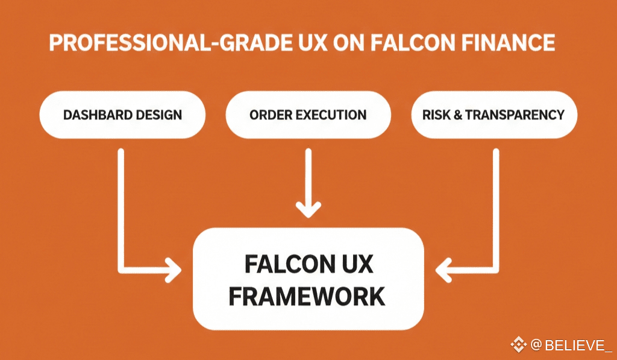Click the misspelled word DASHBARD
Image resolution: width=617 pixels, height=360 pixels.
[x=95, y=115]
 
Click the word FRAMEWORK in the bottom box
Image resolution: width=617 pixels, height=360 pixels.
[x=308, y=296]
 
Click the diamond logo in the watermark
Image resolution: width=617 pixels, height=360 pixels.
[x=518, y=345]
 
